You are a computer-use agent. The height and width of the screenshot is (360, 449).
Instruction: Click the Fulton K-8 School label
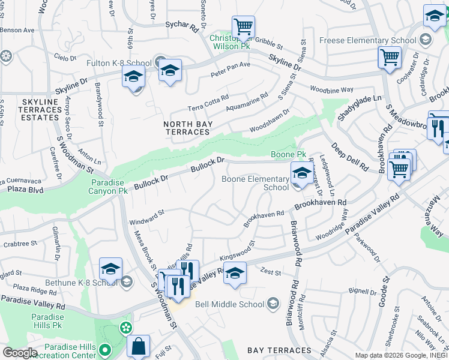pyautogui.click(x=127, y=63)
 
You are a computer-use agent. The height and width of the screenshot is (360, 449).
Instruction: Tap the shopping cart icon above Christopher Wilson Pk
pyautogui.click(x=243, y=27)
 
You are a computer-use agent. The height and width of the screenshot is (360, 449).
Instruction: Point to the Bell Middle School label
pyautogui.click(x=229, y=304)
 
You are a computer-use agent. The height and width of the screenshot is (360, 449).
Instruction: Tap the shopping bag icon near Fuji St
pyautogui.click(x=138, y=346)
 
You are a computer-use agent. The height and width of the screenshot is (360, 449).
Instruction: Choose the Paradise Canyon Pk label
pyautogui.click(x=110, y=187)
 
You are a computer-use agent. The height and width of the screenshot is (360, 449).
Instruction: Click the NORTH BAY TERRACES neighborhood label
pyautogui.click(x=186, y=128)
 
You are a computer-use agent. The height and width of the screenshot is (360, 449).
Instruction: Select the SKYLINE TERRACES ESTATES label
pyautogui.click(x=40, y=110)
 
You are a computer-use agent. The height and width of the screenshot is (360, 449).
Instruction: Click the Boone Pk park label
pyautogui.click(x=285, y=154)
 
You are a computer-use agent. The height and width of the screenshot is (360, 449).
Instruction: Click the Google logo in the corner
pyautogui.click(x=19, y=353)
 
